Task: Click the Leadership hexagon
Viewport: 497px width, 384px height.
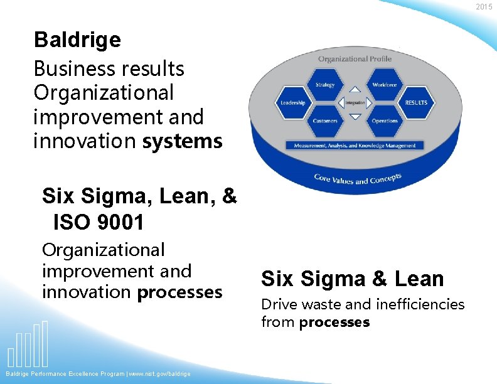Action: coord(292,103)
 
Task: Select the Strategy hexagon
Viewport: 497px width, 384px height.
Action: coord(325,85)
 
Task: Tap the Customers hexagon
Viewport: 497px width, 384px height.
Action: coord(325,120)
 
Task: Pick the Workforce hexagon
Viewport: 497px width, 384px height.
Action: coord(384,85)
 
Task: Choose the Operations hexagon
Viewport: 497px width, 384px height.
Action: coord(384,120)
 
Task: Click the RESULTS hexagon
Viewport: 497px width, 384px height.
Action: coord(415,103)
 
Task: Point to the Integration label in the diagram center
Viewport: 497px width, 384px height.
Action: coord(355,103)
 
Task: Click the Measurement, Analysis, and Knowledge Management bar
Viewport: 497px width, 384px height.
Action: coord(355,146)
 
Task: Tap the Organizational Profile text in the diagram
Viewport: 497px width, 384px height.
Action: coord(355,59)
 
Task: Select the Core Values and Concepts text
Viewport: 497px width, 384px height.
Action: coord(357,179)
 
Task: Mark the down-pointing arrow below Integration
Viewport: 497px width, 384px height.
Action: coord(355,116)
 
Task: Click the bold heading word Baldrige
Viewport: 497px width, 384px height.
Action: coord(77,40)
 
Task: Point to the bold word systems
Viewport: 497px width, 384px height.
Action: coord(182,141)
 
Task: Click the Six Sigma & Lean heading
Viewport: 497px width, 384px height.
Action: coord(352,279)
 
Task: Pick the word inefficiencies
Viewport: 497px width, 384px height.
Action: coord(420,304)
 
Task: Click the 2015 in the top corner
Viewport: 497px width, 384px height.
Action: coord(484,6)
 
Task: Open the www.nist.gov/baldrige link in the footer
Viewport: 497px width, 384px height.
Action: coord(160,374)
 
